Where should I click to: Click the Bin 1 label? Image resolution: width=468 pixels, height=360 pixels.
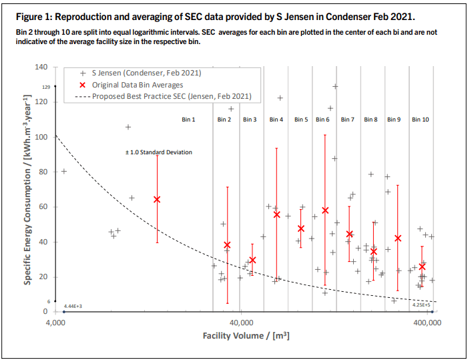pyautogui.click(x=188, y=120)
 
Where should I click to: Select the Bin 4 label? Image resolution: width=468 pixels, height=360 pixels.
pyautogui.click(x=276, y=120)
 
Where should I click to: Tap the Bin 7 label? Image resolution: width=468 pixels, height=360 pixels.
pyautogui.click(x=347, y=120)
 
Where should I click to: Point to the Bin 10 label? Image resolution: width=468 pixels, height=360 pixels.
pyautogui.click(x=421, y=120)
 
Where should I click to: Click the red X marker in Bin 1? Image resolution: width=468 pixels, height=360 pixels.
pyautogui.click(x=157, y=199)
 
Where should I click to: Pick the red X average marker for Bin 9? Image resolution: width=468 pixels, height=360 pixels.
pyautogui.click(x=398, y=238)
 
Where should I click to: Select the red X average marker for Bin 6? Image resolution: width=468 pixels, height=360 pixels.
pyautogui.click(x=325, y=210)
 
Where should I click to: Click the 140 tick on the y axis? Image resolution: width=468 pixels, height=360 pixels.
pyautogui.click(x=41, y=67)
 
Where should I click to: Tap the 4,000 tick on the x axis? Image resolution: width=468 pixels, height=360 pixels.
pyautogui.click(x=55, y=323)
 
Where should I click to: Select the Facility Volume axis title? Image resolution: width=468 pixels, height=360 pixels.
pyautogui.click(x=246, y=336)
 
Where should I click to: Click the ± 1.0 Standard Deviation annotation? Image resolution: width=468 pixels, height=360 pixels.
pyautogui.click(x=159, y=152)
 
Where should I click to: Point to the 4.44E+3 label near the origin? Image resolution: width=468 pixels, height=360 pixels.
pyautogui.click(x=72, y=306)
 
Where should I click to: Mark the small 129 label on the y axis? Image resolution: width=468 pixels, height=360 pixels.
pyautogui.click(x=47, y=87)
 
